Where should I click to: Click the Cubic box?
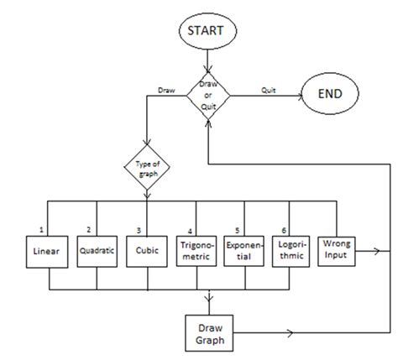point(145,251)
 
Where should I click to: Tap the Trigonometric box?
point(196,251)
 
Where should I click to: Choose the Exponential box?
point(244,251)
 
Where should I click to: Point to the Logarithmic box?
point(292,251)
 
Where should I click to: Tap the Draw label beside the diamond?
point(166,86)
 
